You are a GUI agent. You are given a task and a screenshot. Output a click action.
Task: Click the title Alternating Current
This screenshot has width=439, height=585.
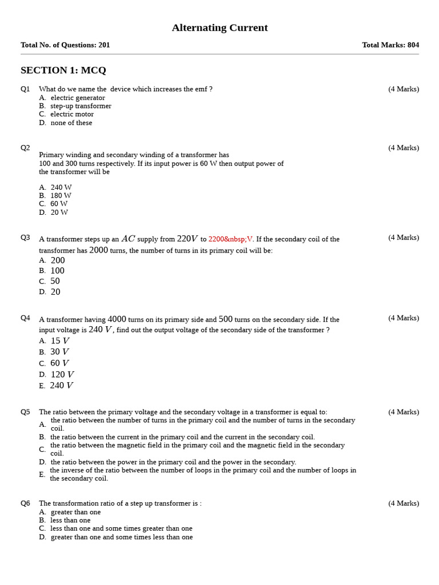point(219,28)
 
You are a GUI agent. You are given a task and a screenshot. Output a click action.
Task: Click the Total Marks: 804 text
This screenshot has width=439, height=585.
point(390,45)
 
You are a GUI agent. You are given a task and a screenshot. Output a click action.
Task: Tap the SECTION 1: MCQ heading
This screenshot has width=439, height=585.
point(63,70)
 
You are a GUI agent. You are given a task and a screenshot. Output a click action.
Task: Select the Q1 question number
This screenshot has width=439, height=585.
point(25,89)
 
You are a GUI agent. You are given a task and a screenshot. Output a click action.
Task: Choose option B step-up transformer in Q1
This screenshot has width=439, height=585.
point(80,106)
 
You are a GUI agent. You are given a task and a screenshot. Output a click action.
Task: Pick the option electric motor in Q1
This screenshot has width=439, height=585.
point(71,114)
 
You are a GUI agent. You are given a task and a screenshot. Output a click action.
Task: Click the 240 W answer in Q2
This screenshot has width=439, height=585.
point(61,187)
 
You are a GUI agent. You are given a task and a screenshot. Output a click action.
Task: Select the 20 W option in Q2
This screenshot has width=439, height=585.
point(59,213)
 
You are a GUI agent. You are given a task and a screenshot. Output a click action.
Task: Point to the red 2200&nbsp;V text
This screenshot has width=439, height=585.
point(230,239)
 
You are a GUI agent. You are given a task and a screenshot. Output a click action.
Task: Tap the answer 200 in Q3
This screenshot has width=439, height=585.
point(57,261)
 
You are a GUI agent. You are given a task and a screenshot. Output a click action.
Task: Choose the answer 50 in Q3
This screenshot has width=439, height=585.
point(55,282)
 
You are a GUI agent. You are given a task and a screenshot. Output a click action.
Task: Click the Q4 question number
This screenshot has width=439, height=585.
point(25,318)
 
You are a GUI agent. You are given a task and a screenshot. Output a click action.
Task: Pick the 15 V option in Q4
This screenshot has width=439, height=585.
point(59,341)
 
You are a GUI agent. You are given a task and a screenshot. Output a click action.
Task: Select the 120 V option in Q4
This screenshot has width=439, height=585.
point(62,375)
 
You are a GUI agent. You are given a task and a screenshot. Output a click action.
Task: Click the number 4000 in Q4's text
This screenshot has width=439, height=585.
point(117,319)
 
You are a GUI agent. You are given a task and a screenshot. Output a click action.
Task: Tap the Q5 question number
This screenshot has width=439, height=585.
point(25,412)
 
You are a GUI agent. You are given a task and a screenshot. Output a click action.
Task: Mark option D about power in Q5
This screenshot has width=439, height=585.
point(173,462)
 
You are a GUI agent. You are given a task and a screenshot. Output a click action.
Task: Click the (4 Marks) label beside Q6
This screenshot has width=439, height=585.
point(404,503)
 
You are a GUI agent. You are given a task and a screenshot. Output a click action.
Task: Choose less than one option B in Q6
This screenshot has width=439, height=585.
point(70,520)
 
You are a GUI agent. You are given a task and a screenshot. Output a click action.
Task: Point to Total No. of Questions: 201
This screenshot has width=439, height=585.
point(65,45)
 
